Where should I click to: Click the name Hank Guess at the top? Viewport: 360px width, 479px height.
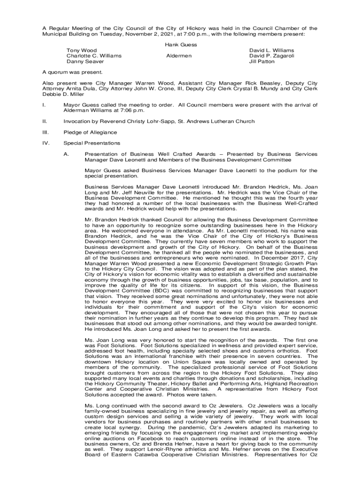[181, 45]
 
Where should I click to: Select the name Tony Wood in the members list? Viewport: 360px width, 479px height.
[81, 50]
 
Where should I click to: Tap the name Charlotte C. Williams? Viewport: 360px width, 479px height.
[94, 56]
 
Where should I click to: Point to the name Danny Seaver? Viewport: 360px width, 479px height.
[85, 61]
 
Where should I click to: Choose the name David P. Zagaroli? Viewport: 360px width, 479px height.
[272, 56]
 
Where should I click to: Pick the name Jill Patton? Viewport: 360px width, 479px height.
[262, 61]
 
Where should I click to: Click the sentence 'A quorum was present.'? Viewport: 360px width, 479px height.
[69, 73]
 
